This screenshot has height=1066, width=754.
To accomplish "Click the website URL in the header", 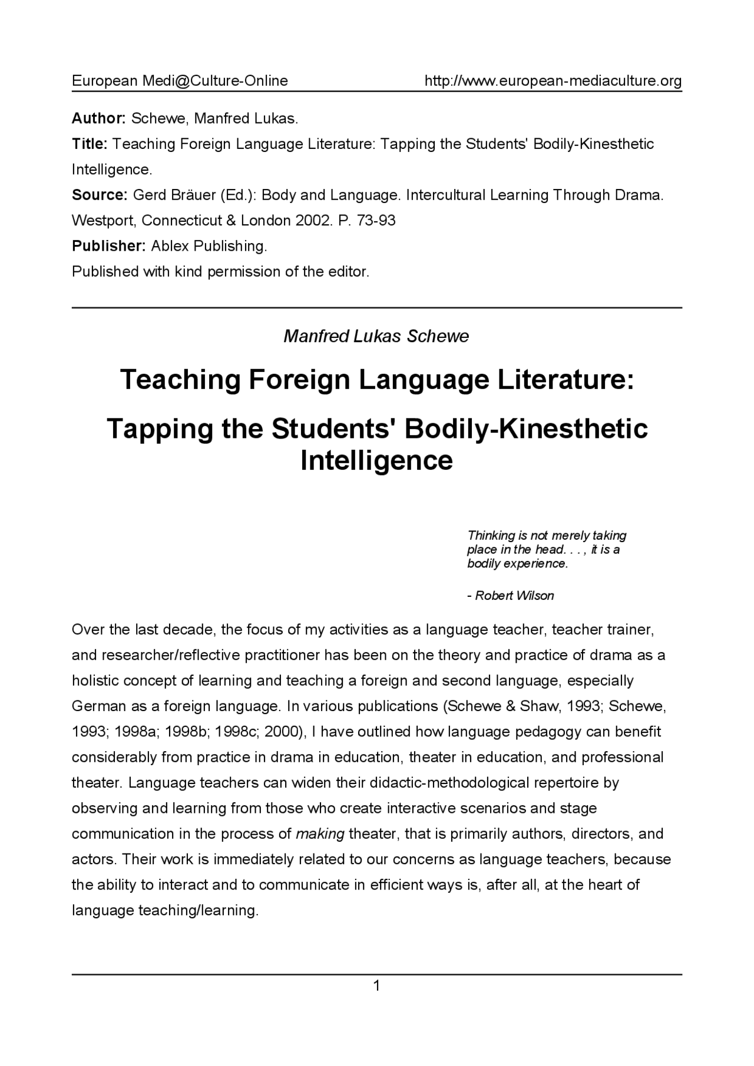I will tap(553, 81).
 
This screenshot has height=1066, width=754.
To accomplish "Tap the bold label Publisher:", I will tap(108, 246).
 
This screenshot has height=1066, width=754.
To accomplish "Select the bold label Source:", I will tap(100, 195).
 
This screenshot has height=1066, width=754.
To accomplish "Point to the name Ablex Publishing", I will tap(209, 246).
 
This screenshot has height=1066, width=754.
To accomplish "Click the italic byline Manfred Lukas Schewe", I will tap(376, 336).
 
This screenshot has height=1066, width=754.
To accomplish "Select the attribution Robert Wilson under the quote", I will tap(514, 595).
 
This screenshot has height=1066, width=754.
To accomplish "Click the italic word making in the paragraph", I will tap(319, 834).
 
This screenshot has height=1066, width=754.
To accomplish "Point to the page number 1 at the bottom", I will tap(376, 985).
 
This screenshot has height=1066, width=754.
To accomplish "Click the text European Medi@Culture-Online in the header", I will tap(180, 81).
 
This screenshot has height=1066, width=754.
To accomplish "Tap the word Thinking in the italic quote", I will tap(491, 535).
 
